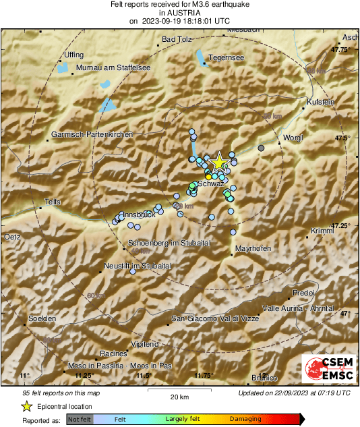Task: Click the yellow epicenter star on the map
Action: click(218, 163)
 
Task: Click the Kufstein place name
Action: click(320, 101)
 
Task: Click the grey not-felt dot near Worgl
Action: click(261, 148)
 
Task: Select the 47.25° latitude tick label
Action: click(340, 225)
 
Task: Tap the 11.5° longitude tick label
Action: click(143, 376)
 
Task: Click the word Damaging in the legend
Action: click(246, 419)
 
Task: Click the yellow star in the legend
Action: click(26, 406)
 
